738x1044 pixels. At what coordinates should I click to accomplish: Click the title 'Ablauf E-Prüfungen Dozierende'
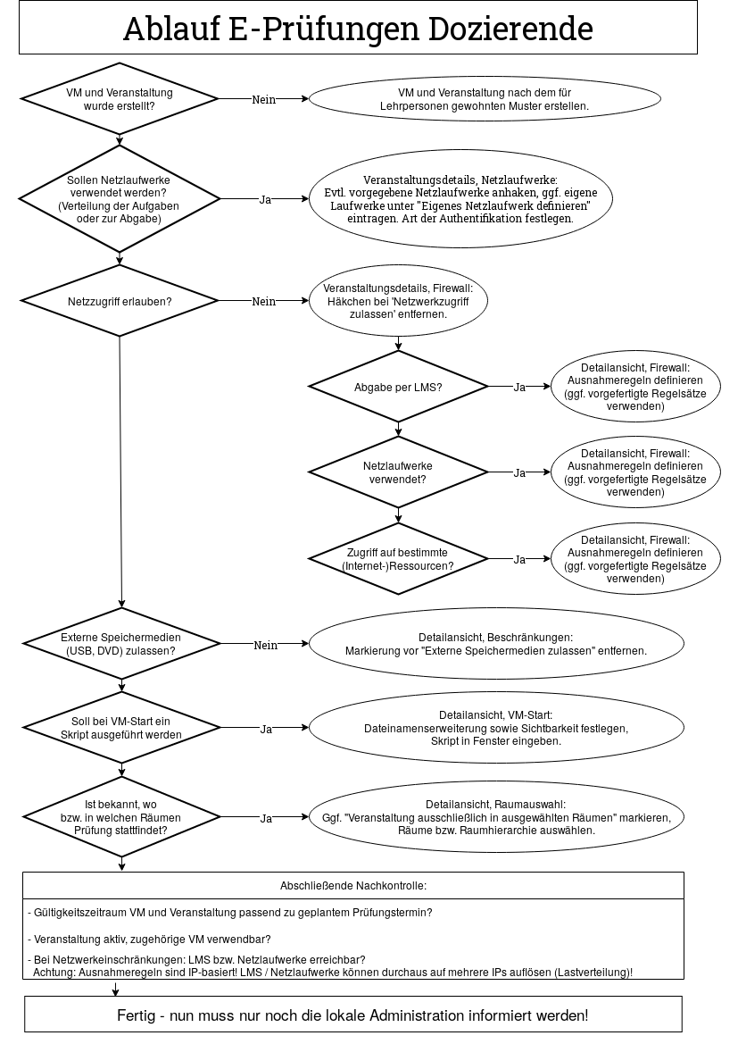[358, 29]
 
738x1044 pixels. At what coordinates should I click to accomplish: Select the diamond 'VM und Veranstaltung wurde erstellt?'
[120, 99]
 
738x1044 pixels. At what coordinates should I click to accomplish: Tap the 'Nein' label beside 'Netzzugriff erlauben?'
[264, 301]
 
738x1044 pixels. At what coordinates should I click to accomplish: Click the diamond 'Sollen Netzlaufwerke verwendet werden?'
[120, 199]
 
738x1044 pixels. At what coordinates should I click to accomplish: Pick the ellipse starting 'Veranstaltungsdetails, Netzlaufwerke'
[460, 199]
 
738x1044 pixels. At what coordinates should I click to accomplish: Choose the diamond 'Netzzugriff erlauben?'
[120, 301]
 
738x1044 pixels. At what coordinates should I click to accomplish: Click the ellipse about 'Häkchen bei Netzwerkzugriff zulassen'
[398, 301]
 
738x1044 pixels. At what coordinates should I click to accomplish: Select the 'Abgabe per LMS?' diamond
[398, 387]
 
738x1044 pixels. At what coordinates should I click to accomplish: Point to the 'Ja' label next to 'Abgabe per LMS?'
[519, 387]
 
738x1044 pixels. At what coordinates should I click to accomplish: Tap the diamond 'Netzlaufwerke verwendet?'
[398, 472]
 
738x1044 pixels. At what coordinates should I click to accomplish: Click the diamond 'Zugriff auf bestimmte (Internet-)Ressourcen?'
[398, 559]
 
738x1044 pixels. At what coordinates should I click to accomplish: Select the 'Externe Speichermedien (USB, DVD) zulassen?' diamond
[120, 644]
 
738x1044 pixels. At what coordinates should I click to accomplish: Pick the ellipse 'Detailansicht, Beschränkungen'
[495, 644]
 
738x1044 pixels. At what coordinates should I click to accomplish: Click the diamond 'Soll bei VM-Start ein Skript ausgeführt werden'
[120, 728]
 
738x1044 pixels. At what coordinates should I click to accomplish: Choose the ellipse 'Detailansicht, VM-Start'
[495, 728]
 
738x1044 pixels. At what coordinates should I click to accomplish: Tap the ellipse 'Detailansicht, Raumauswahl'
[495, 816]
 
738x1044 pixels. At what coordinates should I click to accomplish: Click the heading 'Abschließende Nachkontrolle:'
[353, 886]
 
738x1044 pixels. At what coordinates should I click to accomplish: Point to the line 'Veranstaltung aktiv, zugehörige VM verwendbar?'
[150, 939]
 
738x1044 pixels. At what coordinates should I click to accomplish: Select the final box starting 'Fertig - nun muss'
[353, 1015]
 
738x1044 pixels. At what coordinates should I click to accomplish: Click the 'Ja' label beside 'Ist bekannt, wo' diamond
[265, 817]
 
